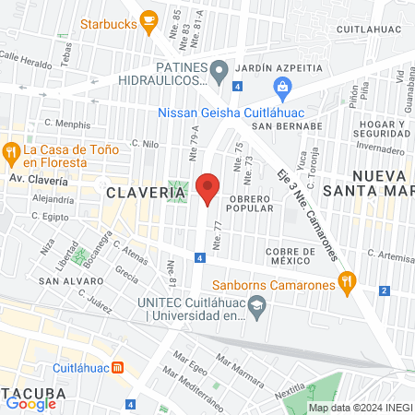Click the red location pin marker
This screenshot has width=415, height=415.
(x=207, y=189)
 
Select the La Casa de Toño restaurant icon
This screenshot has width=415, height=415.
(x=12, y=150)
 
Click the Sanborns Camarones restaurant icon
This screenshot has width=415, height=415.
(x=347, y=284)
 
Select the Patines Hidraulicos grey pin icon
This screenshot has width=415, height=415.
(x=219, y=70)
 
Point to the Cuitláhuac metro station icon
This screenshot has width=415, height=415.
(x=118, y=367)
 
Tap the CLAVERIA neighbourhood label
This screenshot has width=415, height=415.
(x=138, y=192)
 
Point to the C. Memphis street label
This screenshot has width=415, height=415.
(x=68, y=122)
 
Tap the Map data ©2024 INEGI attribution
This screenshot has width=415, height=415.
(x=359, y=408)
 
